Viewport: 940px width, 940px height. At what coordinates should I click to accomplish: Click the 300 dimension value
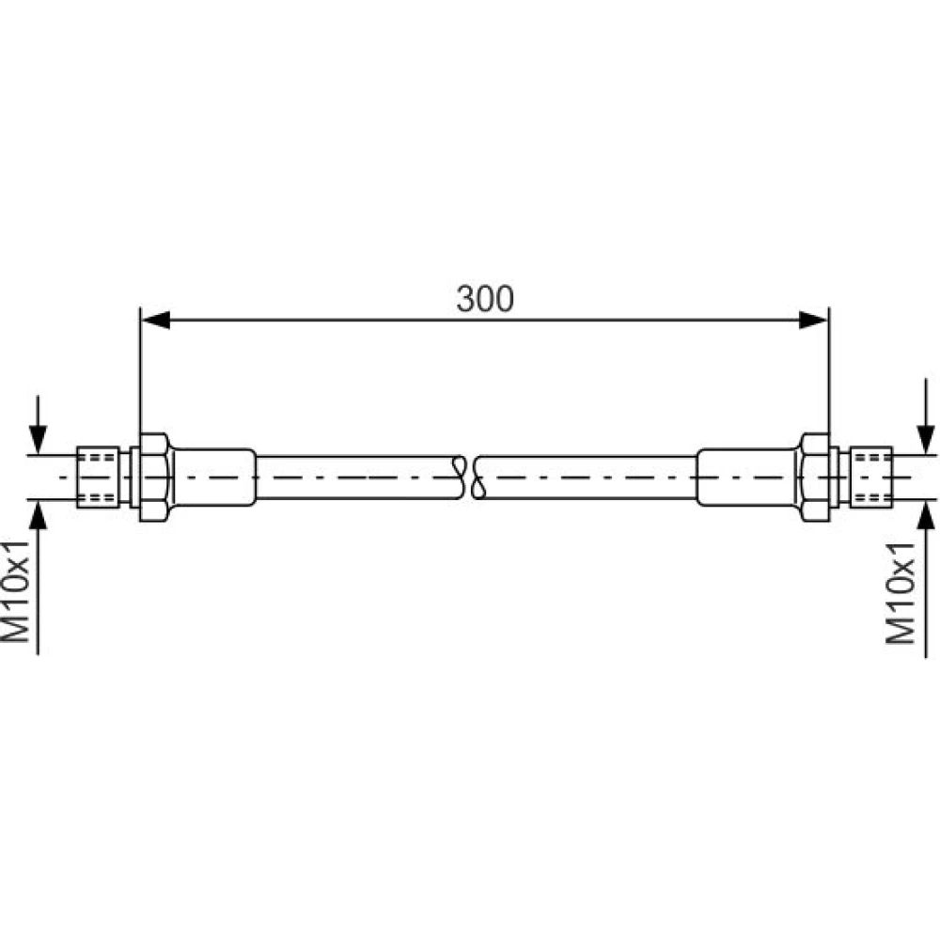tap(484, 299)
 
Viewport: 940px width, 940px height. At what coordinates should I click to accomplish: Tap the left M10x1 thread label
tap(16, 591)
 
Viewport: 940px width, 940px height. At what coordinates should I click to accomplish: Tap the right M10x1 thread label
tap(900, 593)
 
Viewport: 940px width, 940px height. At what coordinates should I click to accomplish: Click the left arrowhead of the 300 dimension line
tap(155, 321)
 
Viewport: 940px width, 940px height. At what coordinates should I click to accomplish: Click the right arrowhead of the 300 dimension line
tap(813, 321)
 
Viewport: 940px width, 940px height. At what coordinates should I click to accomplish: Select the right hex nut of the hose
tap(814, 478)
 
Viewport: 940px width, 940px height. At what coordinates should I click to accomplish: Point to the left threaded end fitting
tap(99, 478)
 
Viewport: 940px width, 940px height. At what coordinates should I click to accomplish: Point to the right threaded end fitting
tap(871, 478)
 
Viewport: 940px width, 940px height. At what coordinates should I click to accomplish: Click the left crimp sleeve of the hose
tap(214, 478)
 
